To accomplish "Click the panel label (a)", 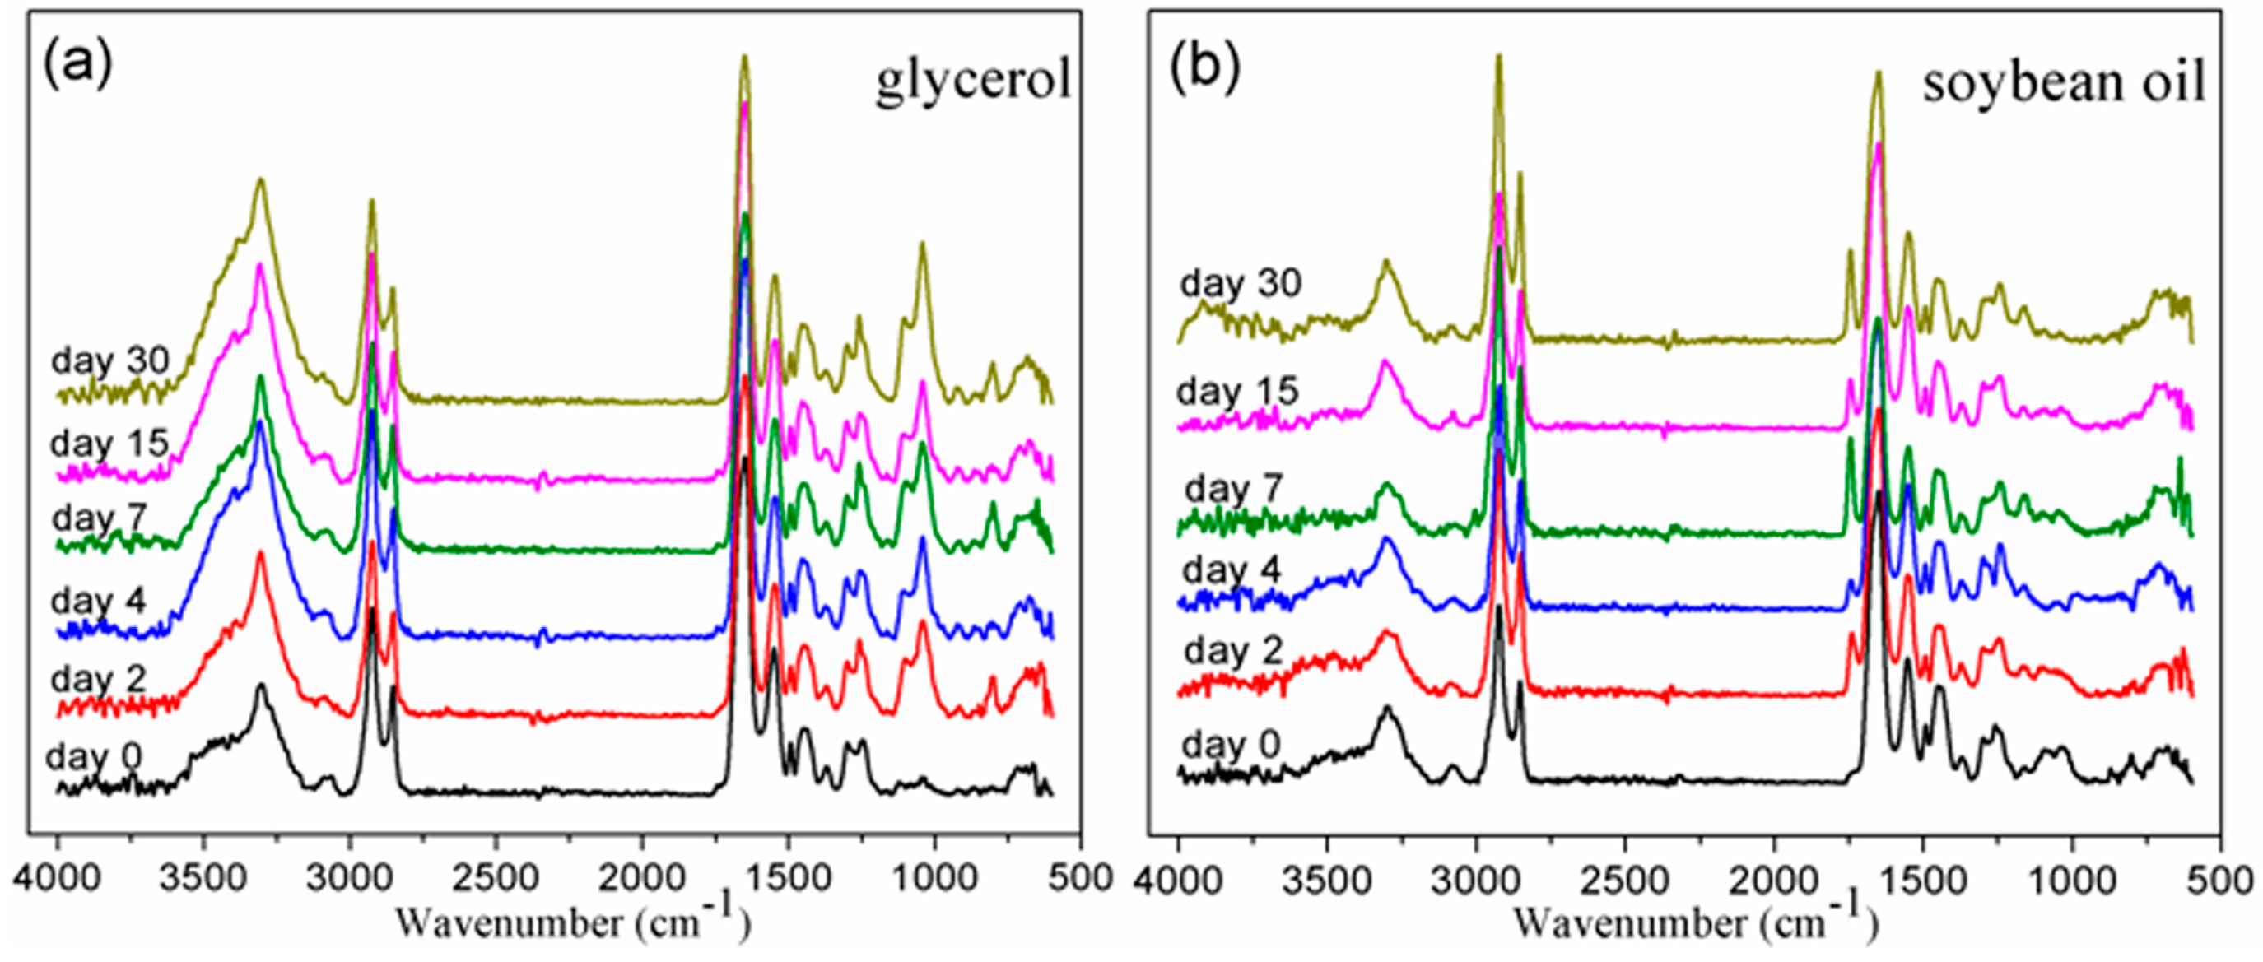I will [x=77, y=64].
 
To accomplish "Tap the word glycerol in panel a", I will [x=972, y=81].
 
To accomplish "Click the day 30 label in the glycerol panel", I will [x=109, y=361].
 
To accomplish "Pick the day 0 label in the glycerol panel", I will [x=93, y=756].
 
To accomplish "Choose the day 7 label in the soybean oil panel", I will [x=1234, y=489].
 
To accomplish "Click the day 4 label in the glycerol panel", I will [x=97, y=602].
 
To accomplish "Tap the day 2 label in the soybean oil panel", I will [x=1233, y=651].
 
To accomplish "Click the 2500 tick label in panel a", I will [x=496, y=879].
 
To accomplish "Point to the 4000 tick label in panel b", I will [x=1178, y=879].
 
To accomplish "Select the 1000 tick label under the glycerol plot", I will [x=934, y=879].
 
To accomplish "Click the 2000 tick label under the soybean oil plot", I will [x=1774, y=879].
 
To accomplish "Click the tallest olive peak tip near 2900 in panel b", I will [x=1499, y=56].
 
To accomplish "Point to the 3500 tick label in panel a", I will [x=203, y=879].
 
